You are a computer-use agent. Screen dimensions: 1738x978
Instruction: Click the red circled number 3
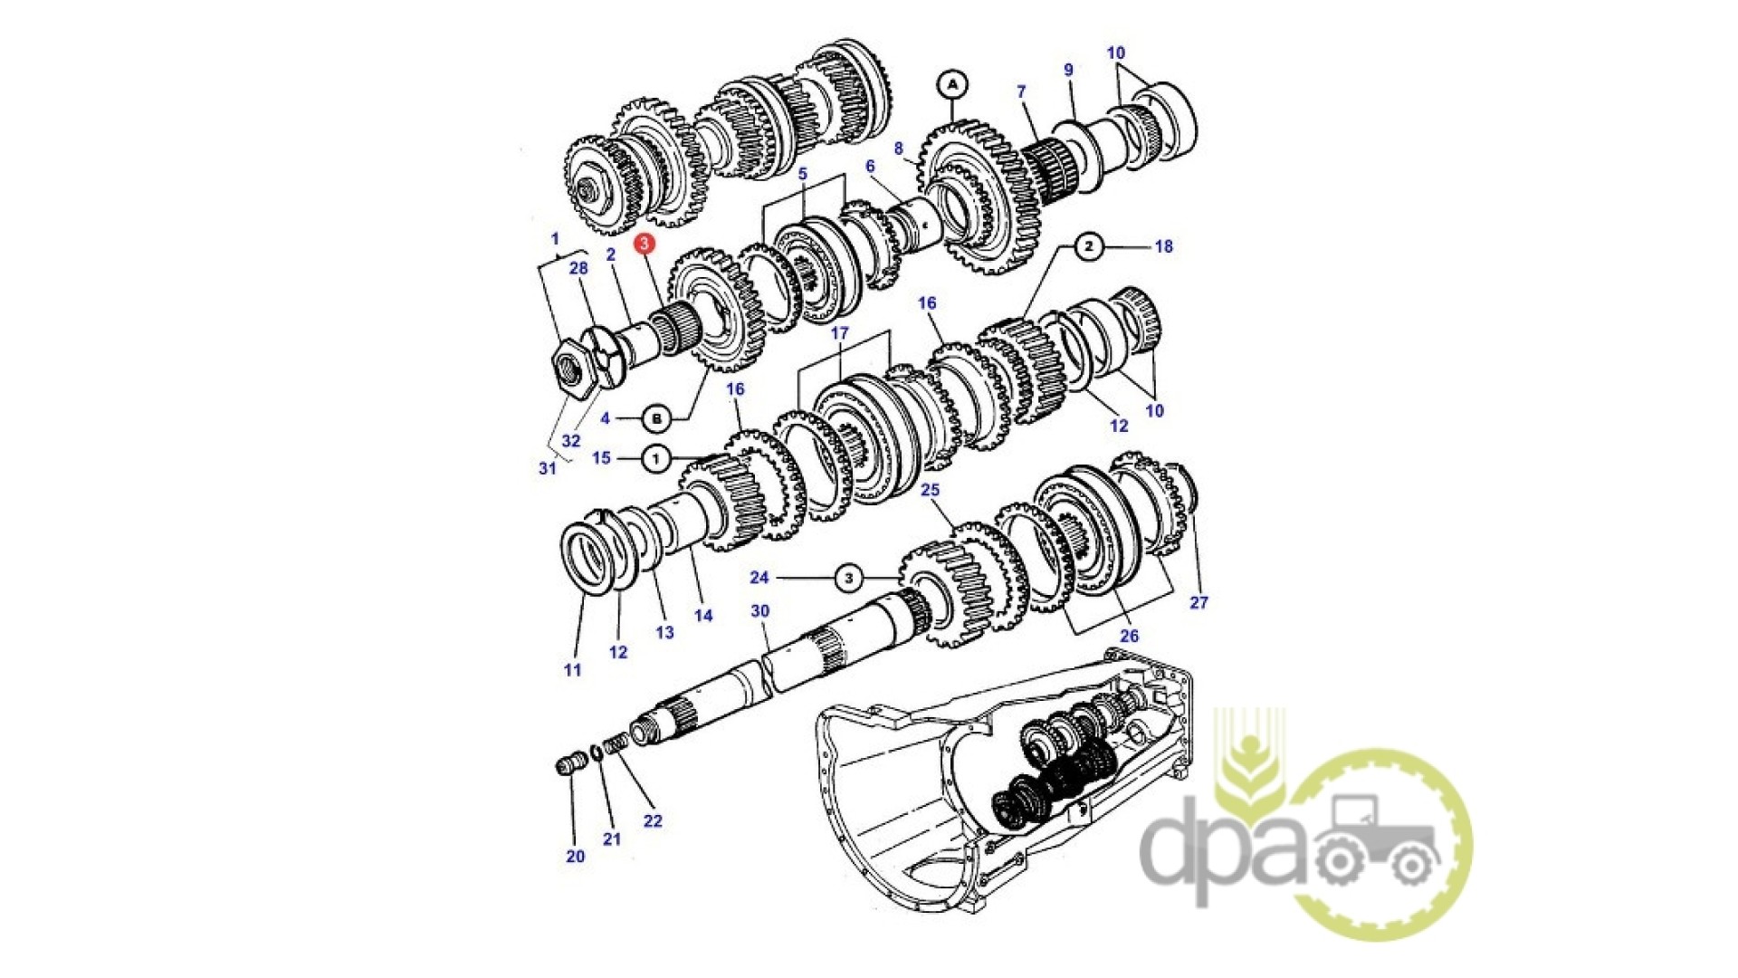644,243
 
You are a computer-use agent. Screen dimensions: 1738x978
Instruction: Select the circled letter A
951,85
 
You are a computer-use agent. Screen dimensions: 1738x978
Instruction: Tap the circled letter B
656,418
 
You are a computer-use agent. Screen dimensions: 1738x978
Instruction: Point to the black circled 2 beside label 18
1089,246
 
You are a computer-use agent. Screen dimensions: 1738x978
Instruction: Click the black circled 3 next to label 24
848,578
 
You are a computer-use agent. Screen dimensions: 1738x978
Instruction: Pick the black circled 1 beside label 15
655,458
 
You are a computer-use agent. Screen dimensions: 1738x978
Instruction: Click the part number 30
759,611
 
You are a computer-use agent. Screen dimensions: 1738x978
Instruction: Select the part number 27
1198,602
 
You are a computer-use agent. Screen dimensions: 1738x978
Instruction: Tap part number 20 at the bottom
576,856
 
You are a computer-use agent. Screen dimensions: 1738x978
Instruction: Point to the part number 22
653,820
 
